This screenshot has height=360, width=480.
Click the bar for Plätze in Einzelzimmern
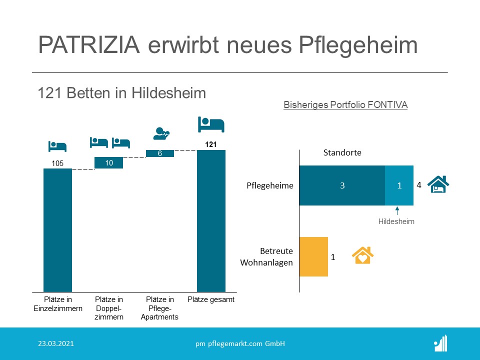tap(57, 230)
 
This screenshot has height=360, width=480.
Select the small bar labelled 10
tap(108, 163)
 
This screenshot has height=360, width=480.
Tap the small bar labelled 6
tap(160, 153)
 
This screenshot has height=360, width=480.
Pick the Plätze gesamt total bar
tap(211, 221)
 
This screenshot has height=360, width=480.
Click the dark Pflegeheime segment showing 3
tap(342, 185)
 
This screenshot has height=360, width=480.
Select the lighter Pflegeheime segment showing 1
tap(399, 185)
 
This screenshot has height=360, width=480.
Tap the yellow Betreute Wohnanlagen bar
tap(313, 257)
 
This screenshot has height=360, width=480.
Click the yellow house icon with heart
tap(363, 255)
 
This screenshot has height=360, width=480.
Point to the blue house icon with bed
tap(438, 184)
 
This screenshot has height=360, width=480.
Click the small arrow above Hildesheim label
tap(397, 211)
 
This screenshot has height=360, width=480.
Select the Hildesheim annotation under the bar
tap(396, 221)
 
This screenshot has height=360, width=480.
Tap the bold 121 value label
tap(211, 144)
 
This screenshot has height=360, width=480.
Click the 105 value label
tap(57, 163)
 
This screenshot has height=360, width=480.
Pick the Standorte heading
tap(342, 152)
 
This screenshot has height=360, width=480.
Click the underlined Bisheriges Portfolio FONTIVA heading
tap(345, 104)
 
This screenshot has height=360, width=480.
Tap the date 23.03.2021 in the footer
tap(56, 343)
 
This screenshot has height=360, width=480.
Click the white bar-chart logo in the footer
tap(441, 343)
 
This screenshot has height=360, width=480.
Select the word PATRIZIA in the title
tap(89, 44)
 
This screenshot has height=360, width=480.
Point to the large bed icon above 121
tap(211, 124)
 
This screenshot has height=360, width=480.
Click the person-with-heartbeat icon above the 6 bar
tap(161, 133)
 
